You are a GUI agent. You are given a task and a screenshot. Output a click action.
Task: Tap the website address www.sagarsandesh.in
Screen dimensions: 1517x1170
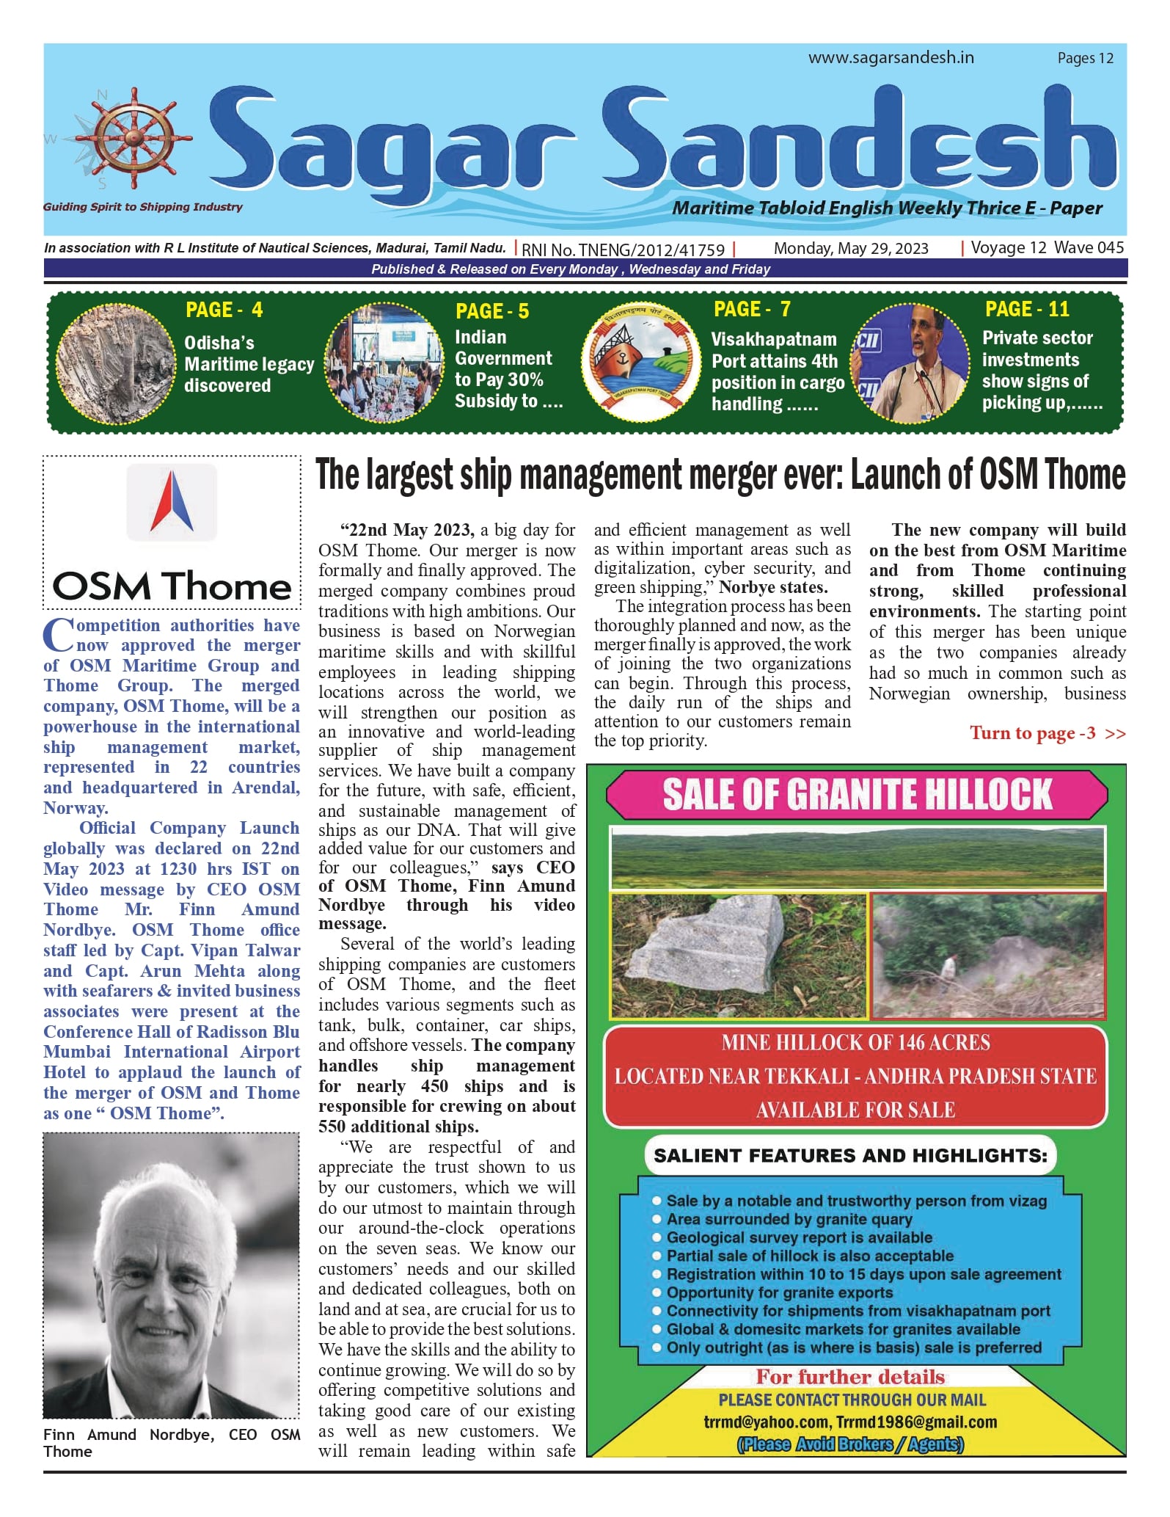click(x=891, y=58)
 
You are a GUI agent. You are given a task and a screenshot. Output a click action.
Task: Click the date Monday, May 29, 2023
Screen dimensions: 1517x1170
click(x=850, y=249)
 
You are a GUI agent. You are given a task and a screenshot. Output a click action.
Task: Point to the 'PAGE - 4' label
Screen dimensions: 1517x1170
click(x=224, y=310)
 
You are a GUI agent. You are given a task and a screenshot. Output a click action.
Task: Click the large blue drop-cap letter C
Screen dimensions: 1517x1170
click(x=58, y=636)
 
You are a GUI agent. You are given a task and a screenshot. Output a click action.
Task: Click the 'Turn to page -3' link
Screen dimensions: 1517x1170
click(x=1047, y=733)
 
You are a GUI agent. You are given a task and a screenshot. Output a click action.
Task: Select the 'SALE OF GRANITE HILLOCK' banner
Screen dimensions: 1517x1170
click(x=856, y=795)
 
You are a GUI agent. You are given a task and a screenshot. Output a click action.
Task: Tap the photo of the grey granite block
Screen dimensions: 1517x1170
click(x=738, y=956)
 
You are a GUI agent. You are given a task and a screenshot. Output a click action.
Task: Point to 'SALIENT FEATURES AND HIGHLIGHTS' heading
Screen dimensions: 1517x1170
click(x=850, y=1156)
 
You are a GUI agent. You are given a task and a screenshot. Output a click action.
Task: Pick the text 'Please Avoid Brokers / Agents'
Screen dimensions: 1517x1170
click(x=850, y=1444)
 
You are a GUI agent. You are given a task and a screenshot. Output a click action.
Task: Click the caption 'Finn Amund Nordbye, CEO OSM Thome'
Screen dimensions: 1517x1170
click(x=171, y=1443)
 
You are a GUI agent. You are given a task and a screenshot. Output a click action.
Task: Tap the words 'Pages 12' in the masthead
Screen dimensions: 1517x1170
click(x=1085, y=59)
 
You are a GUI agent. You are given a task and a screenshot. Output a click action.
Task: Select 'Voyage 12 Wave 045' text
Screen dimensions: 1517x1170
click(x=1047, y=248)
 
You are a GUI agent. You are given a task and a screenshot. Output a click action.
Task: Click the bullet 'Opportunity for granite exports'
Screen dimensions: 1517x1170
click(x=779, y=1292)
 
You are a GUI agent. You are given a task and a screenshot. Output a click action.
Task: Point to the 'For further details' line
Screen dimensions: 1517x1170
click(x=850, y=1377)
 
